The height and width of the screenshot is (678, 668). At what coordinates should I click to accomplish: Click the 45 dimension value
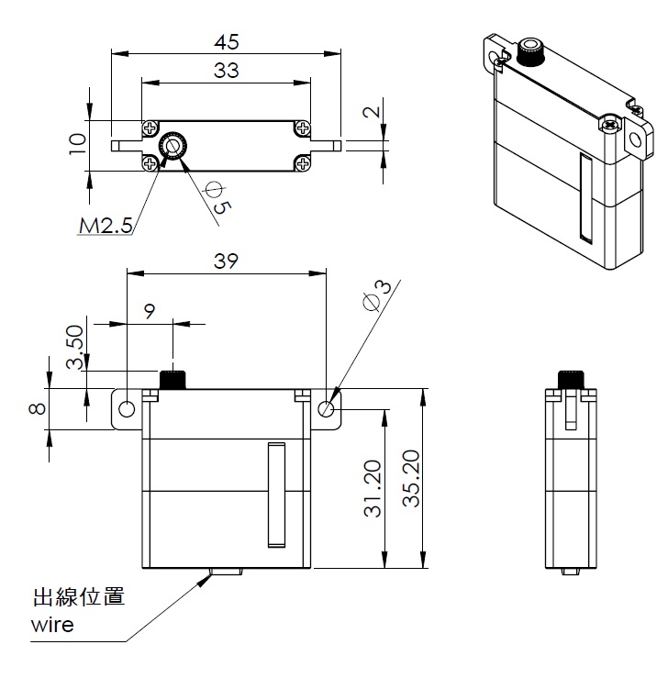(226, 42)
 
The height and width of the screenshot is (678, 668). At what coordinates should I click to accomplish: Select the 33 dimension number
(226, 70)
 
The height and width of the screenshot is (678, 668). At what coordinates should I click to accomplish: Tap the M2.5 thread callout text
(106, 226)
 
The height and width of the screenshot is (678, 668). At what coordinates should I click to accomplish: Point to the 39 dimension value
(226, 261)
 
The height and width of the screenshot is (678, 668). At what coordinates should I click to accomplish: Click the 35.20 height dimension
(411, 478)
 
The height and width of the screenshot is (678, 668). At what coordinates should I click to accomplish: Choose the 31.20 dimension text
(373, 489)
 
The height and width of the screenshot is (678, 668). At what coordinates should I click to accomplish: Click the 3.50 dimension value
(75, 347)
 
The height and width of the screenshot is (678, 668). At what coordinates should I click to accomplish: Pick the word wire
(52, 626)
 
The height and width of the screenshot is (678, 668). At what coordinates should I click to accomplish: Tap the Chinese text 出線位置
(79, 596)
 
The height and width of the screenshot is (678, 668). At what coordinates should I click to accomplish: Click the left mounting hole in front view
(127, 409)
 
